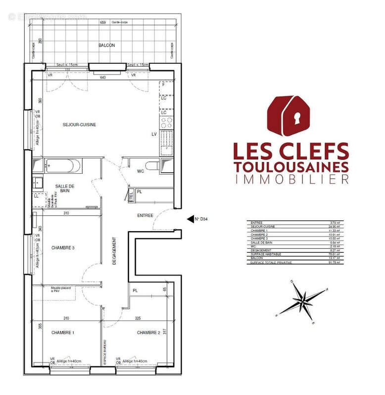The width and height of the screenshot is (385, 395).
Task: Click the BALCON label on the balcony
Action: point(106,45)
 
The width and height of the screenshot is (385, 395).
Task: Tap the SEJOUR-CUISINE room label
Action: point(79,125)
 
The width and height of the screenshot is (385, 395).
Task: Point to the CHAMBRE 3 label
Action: point(63,248)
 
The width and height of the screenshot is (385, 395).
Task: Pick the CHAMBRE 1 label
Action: point(63,333)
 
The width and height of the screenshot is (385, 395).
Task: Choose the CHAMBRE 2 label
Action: point(148,333)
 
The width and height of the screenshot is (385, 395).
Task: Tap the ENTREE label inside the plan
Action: point(145,215)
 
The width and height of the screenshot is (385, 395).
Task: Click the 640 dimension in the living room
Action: point(103,78)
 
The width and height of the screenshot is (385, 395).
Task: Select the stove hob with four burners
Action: point(167,122)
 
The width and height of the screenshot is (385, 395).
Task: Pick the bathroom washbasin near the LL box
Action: point(38,183)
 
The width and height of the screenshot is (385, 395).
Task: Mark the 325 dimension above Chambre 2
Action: point(138,318)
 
